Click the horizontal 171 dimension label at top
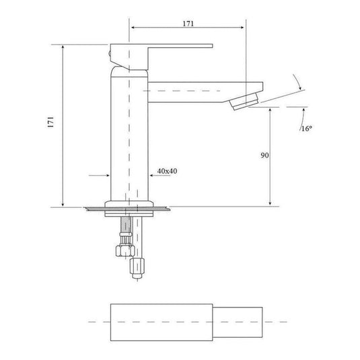188,24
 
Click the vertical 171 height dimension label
50,122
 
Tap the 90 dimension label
264,155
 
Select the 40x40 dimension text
167,171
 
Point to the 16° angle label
307,129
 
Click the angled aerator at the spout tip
244,102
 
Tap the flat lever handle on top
161,57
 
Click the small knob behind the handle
110,55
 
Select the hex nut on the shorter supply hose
125,251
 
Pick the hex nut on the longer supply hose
137,266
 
